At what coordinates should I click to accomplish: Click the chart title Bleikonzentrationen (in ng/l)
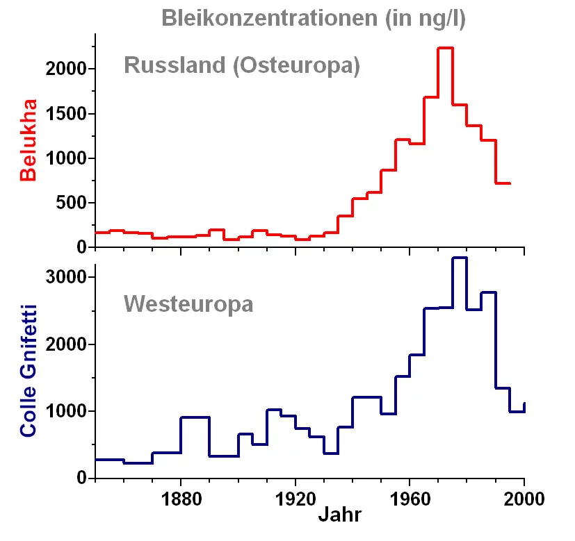(314, 18)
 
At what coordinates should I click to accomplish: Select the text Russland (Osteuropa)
(241, 66)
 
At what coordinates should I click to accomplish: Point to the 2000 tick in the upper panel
(67, 69)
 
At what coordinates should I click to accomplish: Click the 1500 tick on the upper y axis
(67, 114)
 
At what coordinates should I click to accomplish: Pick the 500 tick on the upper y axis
(72, 203)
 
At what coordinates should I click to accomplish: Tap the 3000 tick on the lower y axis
(67, 278)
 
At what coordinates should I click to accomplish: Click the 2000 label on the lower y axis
(67, 344)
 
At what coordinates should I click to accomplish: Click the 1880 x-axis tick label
(181, 499)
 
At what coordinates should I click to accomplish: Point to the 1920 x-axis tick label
(295, 499)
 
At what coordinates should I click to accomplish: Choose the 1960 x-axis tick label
(410, 499)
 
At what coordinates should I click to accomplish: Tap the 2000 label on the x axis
(524, 499)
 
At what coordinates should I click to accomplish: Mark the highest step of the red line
(446, 48)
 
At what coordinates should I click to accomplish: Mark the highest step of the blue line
(460, 258)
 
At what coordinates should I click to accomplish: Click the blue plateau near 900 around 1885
(195, 417)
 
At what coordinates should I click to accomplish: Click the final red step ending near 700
(503, 183)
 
